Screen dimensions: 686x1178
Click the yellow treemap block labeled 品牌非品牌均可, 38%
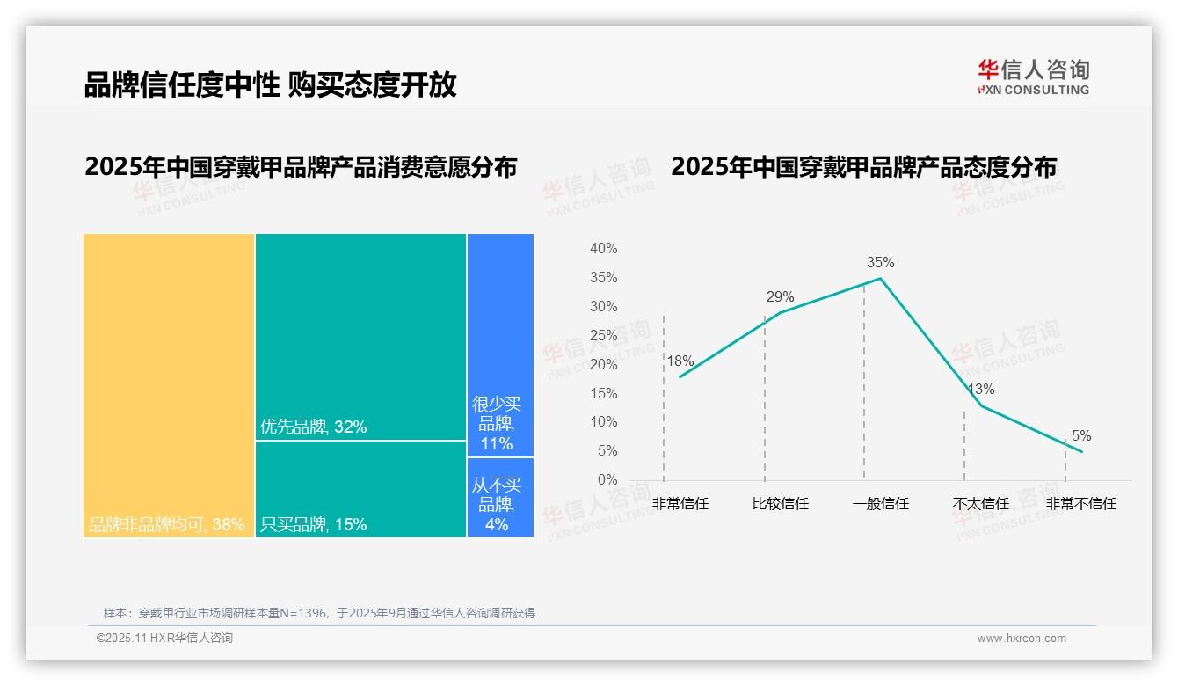[169, 385]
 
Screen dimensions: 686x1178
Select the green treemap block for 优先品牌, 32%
[360, 337]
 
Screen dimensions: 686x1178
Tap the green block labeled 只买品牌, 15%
[360, 489]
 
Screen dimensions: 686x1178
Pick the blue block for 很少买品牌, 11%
[499, 345]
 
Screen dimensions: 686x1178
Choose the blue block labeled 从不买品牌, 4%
[499, 497]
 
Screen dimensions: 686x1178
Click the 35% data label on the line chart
[880, 262]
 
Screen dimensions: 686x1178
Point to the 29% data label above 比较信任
[780, 296]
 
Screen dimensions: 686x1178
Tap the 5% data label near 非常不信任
[1081, 436]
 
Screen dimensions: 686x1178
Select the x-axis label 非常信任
[680, 504]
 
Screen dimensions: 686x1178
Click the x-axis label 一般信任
[880, 504]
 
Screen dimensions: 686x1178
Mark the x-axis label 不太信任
[980, 504]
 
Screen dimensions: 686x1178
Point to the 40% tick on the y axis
[603, 249]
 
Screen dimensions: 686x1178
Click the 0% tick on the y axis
[607, 480]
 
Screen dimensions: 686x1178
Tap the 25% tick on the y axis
[603, 335]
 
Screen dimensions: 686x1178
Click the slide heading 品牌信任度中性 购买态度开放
[270, 84]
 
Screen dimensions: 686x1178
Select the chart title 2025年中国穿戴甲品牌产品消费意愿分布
[301, 167]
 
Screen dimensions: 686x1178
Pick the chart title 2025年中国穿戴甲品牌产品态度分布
[863, 167]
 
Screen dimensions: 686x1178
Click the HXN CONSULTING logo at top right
[1033, 77]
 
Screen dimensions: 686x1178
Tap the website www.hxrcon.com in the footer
[1022, 639]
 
